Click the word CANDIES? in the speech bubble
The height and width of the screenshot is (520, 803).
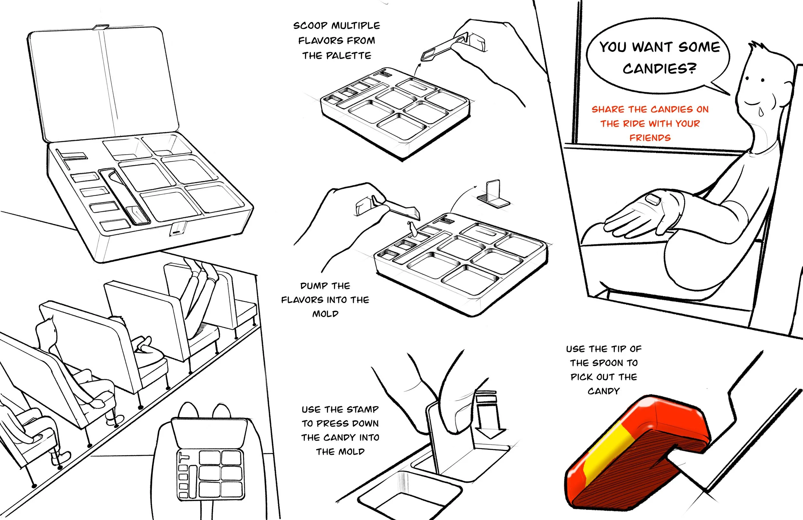click(x=659, y=68)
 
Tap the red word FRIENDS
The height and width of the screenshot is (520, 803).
click(x=650, y=138)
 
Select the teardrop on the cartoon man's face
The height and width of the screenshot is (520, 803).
click(x=761, y=112)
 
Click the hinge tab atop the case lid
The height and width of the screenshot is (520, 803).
click(x=100, y=27)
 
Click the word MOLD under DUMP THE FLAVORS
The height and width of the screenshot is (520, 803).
click(x=325, y=314)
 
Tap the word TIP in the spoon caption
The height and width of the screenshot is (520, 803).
click(x=618, y=349)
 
